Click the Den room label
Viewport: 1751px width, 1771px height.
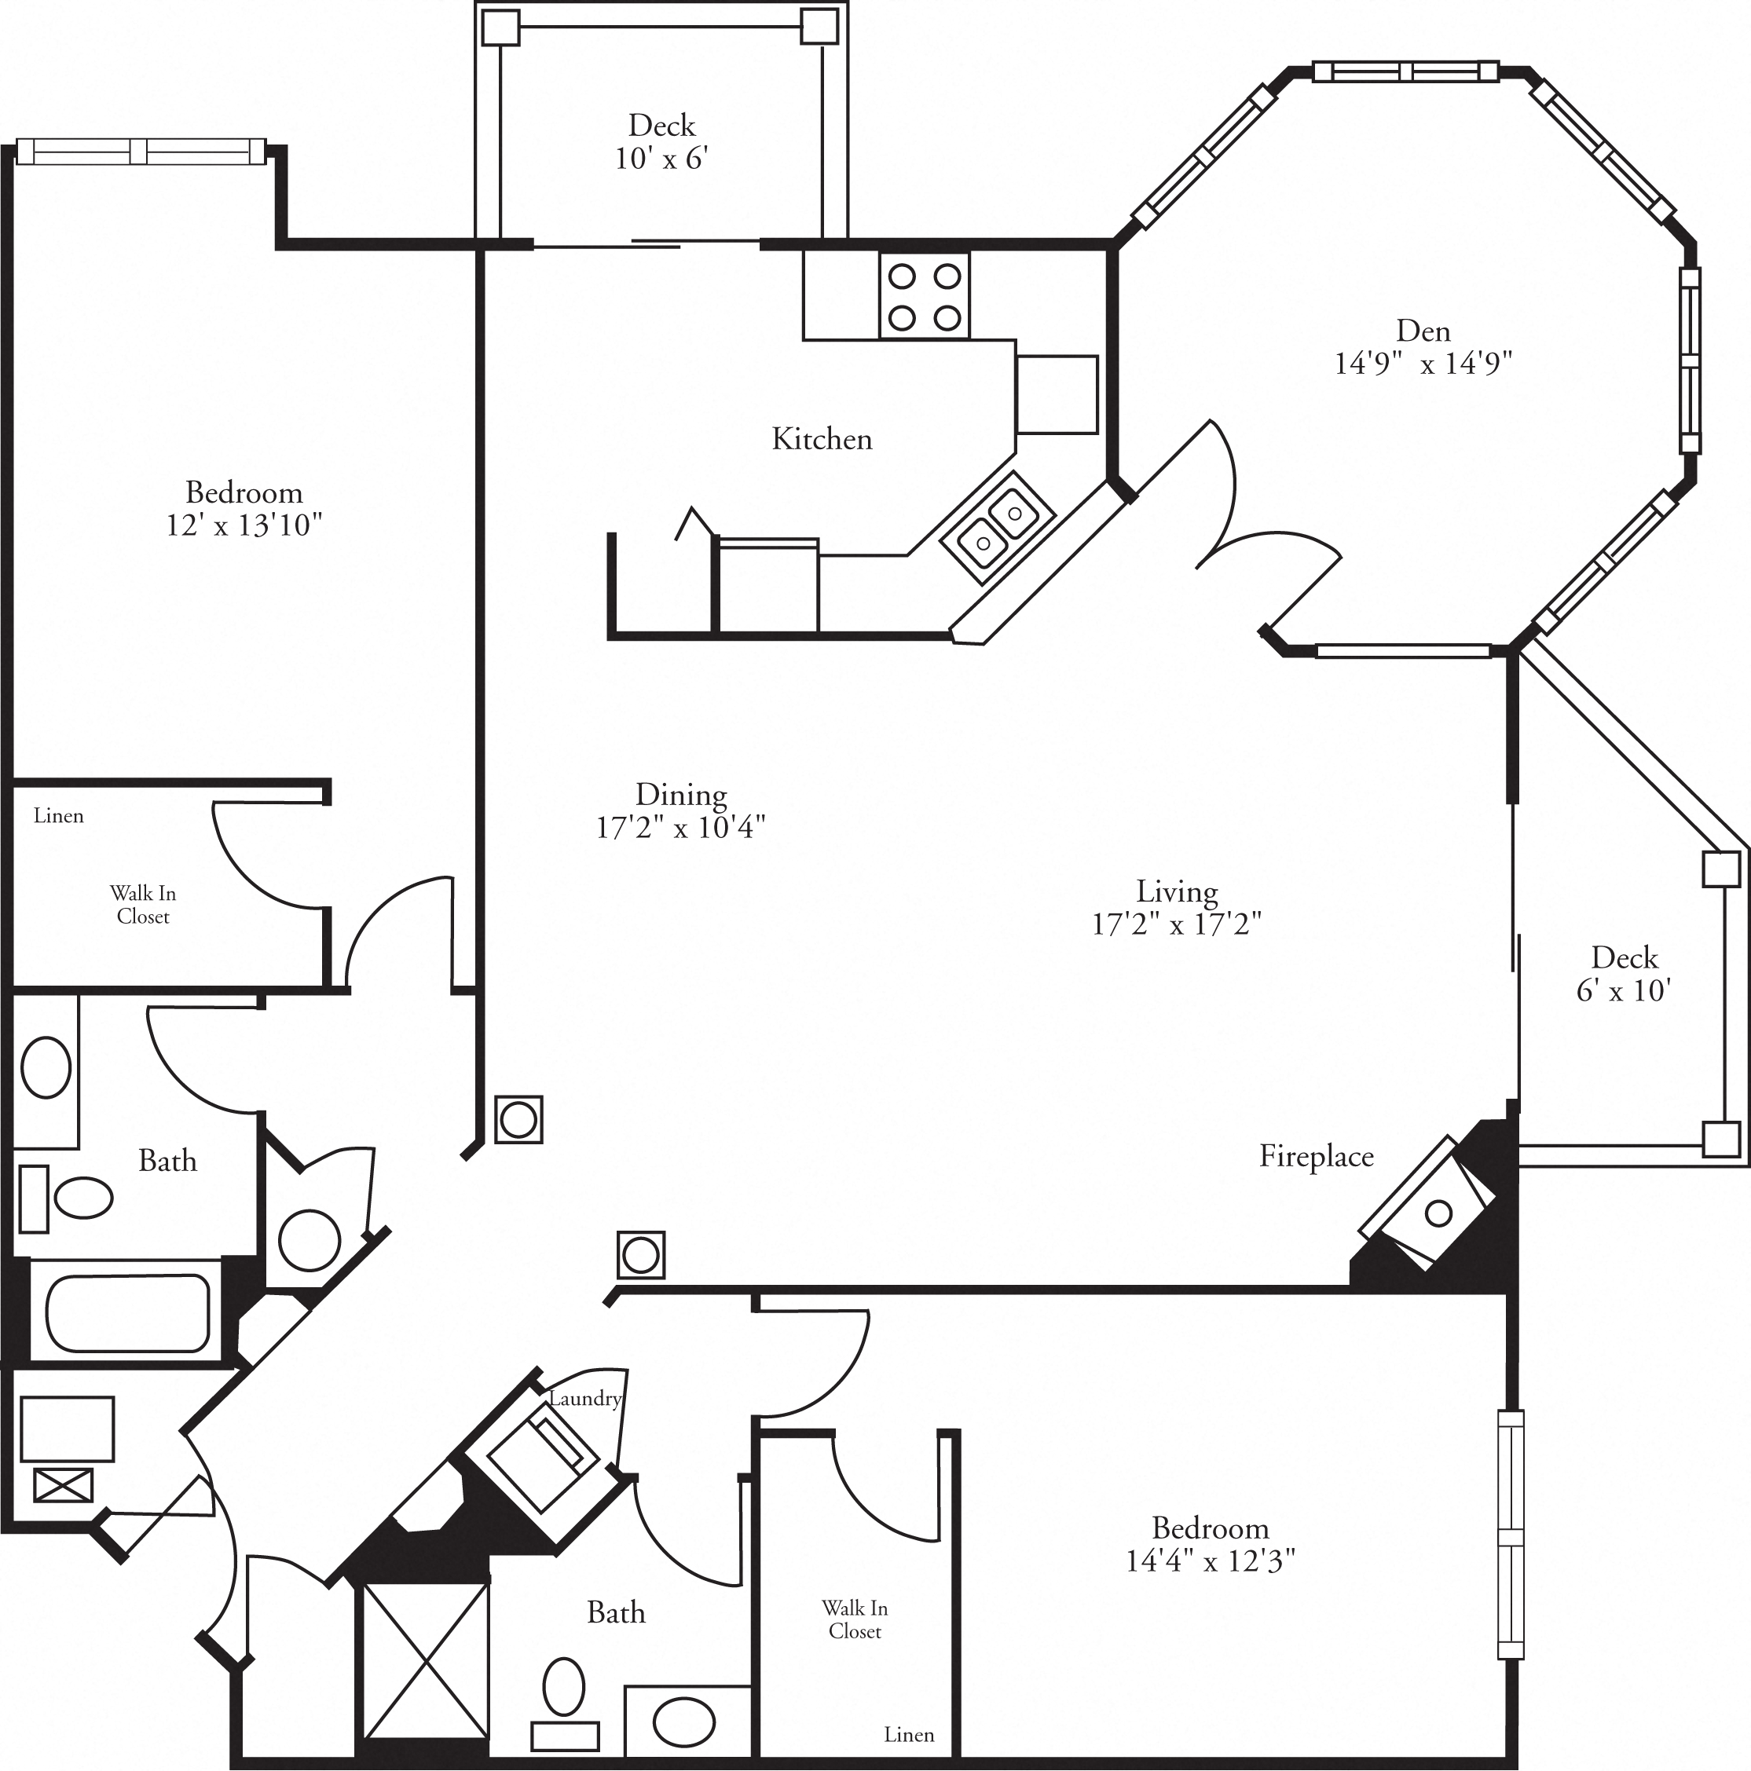pyautogui.click(x=1423, y=330)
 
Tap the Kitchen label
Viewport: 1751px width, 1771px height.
pyautogui.click(x=822, y=439)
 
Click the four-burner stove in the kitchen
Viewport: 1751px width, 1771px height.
pyautogui.click(x=924, y=296)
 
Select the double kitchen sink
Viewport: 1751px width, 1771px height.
pyautogui.click(x=998, y=527)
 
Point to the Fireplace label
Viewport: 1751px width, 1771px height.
pyautogui.click(x=1316, y=1156)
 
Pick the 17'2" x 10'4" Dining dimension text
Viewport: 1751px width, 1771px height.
pyautogui.click(x=680, y=828)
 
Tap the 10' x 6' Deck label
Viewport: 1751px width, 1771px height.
pyautogui.click(x=661, y=159)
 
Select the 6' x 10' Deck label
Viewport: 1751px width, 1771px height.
pyautogui.click(x=1624, y=990)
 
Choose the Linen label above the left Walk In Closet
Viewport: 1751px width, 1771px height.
pyautogui.click(x=59, y=816)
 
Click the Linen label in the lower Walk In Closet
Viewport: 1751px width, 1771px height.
pyautogui.click(x=909, y=1735)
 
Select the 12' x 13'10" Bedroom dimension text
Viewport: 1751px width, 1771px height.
pyautogui.click(x=244, y=526)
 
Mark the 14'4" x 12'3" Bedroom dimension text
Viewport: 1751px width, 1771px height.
pyautogui.click(x=1210, y=1561)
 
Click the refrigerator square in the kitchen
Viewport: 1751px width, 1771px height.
pyautogui.click(x=1057, y=394)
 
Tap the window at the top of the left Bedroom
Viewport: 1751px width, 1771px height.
pyautogui.click(x=141, y=152)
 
